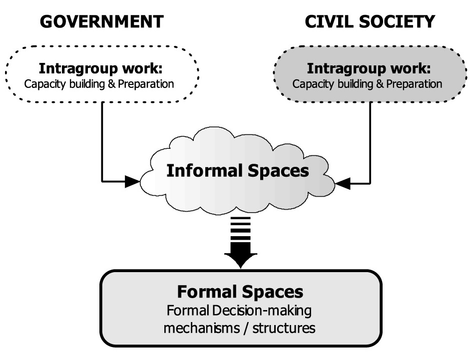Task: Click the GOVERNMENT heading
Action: (101, 21)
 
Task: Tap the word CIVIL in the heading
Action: (328, 21)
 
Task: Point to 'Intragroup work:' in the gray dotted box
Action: (369, 68)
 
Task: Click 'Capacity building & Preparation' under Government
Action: (99, 83)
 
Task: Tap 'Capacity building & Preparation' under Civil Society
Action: (368, 83)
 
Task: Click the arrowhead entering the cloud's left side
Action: (132, 182)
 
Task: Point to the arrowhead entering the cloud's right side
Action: (342, 184)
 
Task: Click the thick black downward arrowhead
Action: (240, 259)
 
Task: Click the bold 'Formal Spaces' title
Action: (240, 292)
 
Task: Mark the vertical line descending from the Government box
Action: (102, 140)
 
